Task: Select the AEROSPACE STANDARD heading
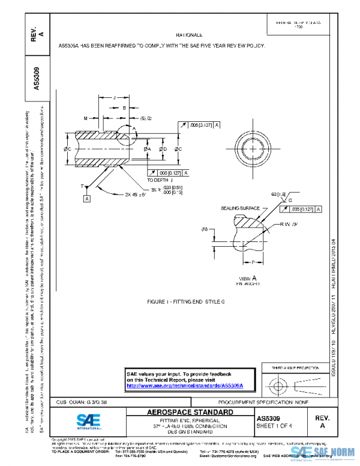point(190,413)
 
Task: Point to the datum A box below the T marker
point(87,198)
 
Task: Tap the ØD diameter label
point(163,148)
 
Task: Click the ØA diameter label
point(148,148)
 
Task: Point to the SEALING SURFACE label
point(241,208)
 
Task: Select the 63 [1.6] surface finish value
point(279,194)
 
